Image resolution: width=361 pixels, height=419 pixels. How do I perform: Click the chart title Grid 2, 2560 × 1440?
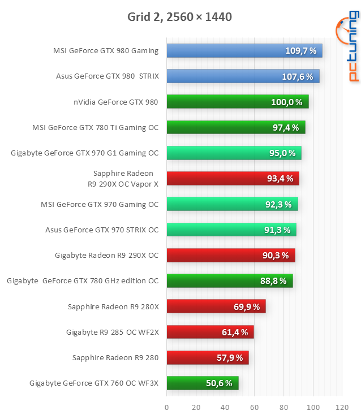pos(179,17)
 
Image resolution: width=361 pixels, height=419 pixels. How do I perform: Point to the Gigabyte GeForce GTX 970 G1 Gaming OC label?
pos(85,153)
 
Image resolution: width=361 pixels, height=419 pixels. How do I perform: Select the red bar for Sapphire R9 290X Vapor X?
pos(233,179)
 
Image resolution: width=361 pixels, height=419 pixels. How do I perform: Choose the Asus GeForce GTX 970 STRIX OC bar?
pos(231,230)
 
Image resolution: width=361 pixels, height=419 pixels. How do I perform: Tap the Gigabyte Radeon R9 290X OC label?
pos(106,256)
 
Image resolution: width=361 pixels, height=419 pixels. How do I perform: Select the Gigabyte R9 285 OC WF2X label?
pos(113,332)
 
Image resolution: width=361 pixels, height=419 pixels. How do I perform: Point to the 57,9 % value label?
pos(230,357)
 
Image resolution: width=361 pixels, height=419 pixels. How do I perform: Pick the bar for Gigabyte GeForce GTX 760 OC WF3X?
pos(203,383)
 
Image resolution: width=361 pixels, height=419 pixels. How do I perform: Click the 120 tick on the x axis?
pos(341,407)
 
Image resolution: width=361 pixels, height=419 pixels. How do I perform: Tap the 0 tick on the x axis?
pos(167,407)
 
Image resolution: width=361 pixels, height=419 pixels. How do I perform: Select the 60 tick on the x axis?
pos(254,407)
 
